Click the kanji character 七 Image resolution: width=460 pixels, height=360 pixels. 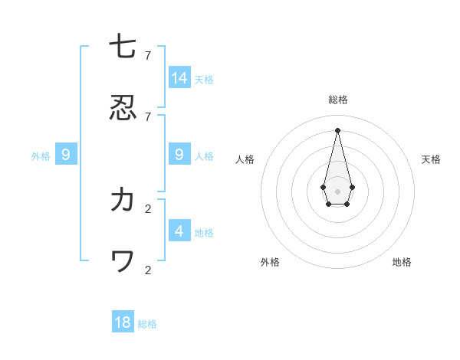pyautogui.click(x=123, y=47)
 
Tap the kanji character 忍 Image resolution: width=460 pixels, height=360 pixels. pyautogui.click(x=123, y=108)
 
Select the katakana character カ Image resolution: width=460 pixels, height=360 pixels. pyautogui.click(x=123, y=200)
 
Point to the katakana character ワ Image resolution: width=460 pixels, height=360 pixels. pyautogui.click(x=123, y=261)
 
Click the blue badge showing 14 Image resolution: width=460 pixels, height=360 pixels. pyautogui.click(x=179, y=78)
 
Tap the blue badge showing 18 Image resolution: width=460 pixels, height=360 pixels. pyautogui.click(x=123, y=322)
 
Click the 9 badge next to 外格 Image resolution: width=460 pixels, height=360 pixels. pyautogui.click(x=66, y=155)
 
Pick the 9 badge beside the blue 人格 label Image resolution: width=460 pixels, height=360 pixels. pyautogui.click(x=179, y=155)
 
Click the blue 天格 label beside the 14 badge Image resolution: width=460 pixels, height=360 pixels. pyautogui.click(x=204, y=80)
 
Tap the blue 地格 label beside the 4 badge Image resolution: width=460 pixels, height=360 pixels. pyautogui.click(x=204, y=233)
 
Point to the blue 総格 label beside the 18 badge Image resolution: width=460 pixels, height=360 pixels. pyautogui.click(x=147, y=324)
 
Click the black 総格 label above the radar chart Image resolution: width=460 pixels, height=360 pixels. pyautogui.click(x=338, y=100)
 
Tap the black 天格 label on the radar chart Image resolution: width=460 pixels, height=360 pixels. pyautogui.click(x=431, y=159)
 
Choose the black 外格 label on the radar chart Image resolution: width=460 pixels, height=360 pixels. pyautogui.click(x=270, y=262)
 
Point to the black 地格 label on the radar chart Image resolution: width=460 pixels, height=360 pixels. pyautogui.click(x=402, y=262)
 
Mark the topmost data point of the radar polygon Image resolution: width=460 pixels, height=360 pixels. pyautogui.click(x=337, y=129)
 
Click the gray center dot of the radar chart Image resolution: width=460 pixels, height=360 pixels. pyautogui.click(x=337, y=191)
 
